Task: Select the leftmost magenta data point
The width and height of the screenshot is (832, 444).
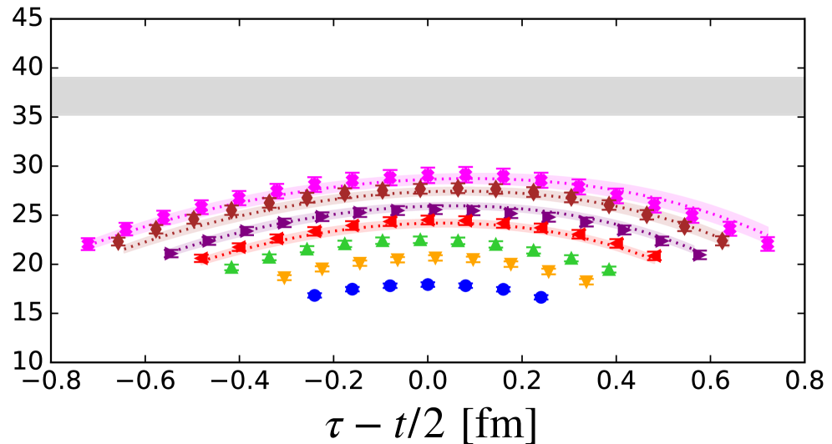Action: (x=88, y=245)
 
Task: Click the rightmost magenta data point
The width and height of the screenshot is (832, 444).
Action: (x=768, y=245)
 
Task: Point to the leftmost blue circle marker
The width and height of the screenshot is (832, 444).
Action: (x=314, y=295)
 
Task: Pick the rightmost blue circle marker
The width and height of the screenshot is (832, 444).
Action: (x=540, y=296)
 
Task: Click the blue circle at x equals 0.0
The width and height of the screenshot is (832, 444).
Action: (x=428, y=284)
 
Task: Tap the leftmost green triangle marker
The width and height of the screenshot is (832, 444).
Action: (x=231, y=267)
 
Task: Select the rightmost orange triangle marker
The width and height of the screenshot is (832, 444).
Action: (x=586, y=282)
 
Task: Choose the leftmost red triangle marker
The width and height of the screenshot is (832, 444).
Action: (x=200, y=258)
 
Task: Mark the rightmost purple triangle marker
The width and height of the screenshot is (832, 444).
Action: (x=699, y=255)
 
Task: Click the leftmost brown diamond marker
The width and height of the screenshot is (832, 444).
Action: (x=118, y=241)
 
